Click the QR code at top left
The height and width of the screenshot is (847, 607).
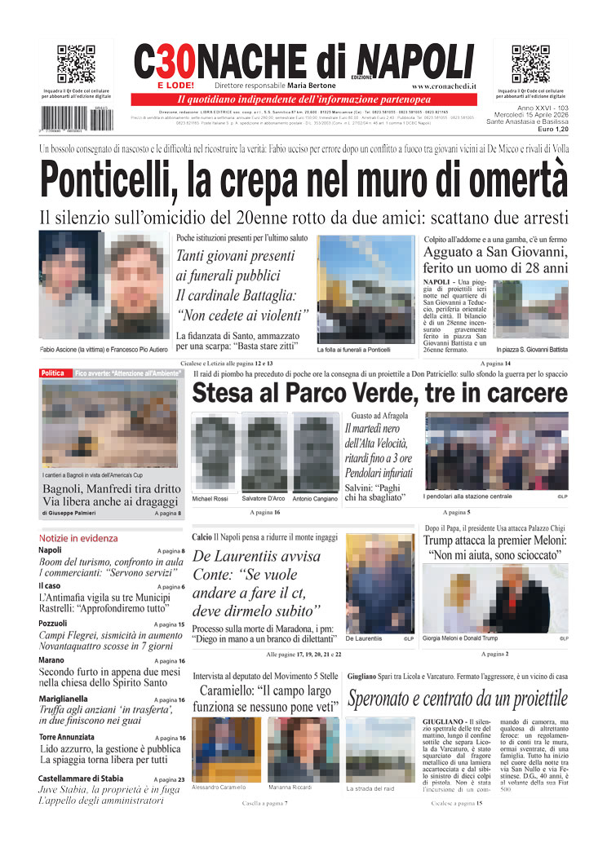[x=76, y=64]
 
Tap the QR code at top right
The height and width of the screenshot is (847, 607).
[x=530, y=64]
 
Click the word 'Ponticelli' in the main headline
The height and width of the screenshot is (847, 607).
[x=109, y=179]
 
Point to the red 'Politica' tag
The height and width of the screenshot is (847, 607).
[x=53, y=373]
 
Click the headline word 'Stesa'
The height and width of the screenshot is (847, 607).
[x=226, y=394]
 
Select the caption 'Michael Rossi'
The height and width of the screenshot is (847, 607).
[x=211, y=499]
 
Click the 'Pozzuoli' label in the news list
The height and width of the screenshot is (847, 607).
[x=53, y=624]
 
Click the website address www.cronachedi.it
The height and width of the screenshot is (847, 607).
[x=445, y=86]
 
